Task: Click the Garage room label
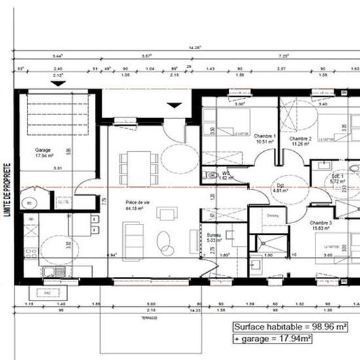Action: [43, 149]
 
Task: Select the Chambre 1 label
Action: [264, 135]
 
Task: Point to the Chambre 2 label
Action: [300, 139]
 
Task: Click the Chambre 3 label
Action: [321, 223]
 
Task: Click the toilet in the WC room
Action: [211, 175]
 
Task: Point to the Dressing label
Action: [274, 215]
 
